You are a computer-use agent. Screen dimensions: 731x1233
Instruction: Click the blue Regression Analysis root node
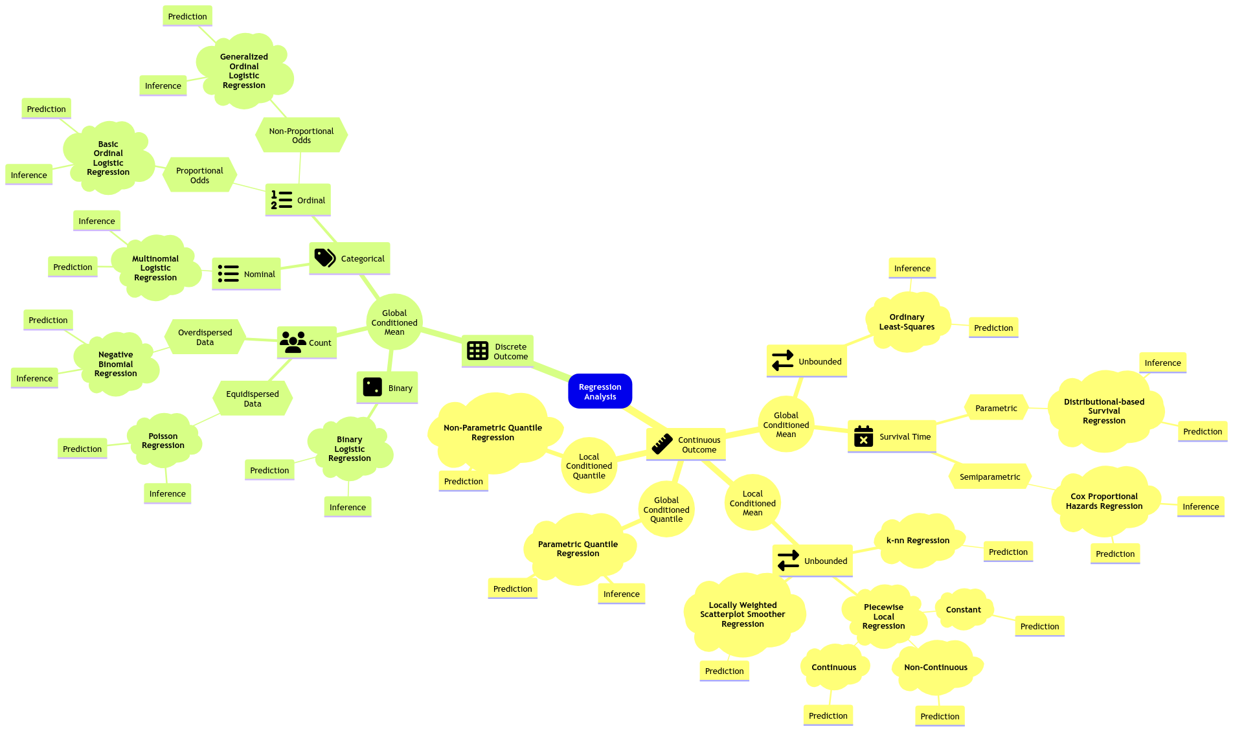(600, 392)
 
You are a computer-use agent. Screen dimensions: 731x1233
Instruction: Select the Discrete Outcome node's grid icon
(477, 351)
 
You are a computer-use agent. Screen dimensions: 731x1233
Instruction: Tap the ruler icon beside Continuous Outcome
(662, 444)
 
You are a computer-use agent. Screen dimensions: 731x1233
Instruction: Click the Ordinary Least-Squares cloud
(907, 322)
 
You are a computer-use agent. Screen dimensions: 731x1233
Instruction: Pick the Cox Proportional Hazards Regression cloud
(1103, 501)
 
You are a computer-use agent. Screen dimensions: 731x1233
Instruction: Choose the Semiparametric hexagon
(990, 477)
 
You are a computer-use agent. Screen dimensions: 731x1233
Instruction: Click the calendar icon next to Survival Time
(863, 436)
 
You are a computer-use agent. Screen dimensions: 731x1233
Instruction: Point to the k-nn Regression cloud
(918, 540)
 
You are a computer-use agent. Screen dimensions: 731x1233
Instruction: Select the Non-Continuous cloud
(935, 667)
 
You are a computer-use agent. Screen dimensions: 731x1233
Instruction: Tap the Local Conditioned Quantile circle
(589, 466)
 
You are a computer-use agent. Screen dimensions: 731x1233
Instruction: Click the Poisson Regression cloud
(163, 440)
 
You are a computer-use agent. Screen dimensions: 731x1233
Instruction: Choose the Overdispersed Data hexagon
(205, 337)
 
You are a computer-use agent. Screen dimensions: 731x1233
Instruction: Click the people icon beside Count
(293, 343)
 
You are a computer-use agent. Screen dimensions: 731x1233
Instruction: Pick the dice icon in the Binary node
(372, 387)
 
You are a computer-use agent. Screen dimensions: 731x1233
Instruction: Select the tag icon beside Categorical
(324, 258)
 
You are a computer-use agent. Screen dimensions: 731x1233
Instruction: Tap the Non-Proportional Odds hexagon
(301, 135)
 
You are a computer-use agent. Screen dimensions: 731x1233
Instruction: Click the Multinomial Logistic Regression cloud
(155, 267)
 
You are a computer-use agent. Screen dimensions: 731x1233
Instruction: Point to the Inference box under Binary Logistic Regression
(347, 507)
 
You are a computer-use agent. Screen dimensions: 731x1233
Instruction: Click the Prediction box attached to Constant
(1039, 626)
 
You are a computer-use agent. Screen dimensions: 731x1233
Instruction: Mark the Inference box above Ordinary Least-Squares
(912, 268)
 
